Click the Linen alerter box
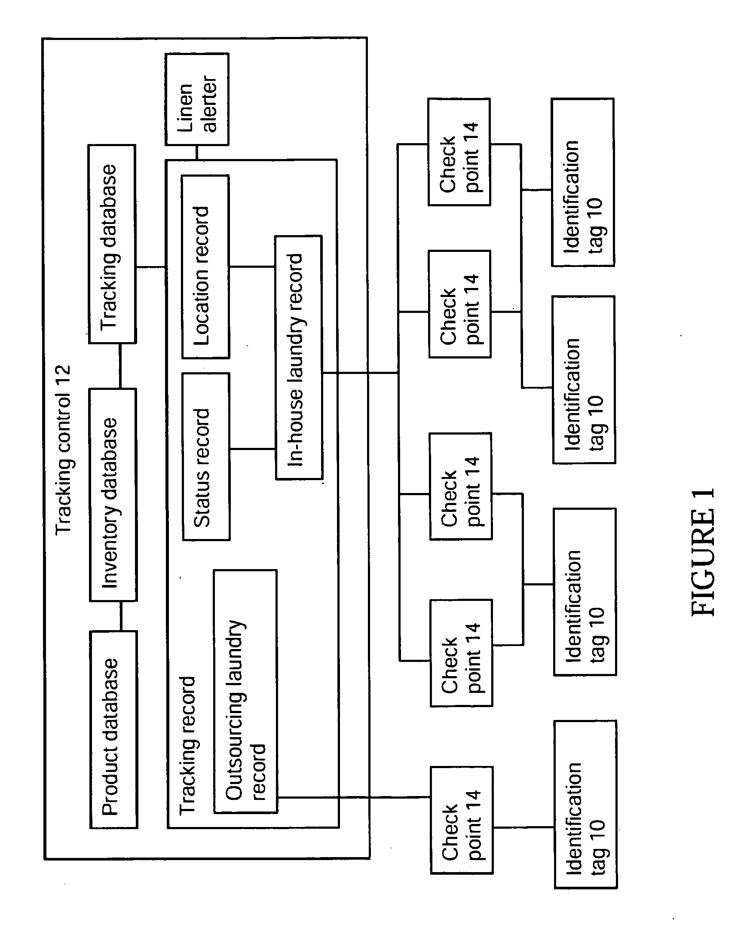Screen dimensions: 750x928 (197, 99)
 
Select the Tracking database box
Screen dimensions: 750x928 (112, 244)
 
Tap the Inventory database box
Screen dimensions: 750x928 (113, 495)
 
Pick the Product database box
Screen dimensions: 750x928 (113, 730)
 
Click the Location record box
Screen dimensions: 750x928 (205, 266)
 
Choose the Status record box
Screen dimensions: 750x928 (206, 456)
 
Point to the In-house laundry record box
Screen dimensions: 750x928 (299, 357)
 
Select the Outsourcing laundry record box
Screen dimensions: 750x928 (245, 691)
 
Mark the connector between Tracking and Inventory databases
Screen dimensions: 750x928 (119, 366)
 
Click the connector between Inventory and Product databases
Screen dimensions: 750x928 (120, 616)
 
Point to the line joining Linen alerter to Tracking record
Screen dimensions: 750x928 (196, 153)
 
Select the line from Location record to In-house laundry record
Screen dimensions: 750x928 (252, 266)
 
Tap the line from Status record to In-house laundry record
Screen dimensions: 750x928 (253, 449)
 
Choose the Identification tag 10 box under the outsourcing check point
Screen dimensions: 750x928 (586, 805)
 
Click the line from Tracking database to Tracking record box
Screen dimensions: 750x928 (151, 267)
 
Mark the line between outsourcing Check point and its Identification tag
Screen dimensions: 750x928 (523, 827)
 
